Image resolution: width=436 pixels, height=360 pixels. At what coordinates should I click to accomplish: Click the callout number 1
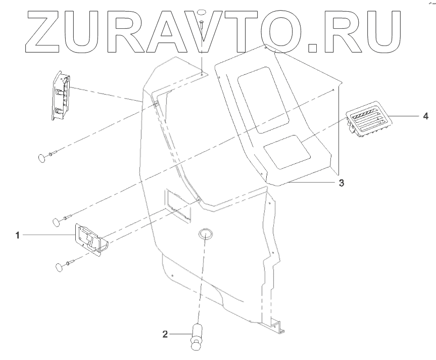click(18, 236)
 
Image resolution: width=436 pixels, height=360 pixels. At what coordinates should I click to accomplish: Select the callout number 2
click(165, 334)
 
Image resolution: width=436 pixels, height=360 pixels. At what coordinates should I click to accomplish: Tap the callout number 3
click(342, 183)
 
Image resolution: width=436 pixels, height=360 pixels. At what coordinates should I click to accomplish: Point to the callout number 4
click(425, 116)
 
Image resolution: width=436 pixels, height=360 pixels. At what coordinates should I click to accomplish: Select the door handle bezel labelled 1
click(90, 238)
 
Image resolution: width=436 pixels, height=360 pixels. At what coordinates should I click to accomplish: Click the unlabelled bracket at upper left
click(61, 96)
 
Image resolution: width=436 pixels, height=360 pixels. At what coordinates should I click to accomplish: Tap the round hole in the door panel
click(205, 234)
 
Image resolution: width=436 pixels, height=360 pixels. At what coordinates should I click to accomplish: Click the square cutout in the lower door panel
click(177, 205)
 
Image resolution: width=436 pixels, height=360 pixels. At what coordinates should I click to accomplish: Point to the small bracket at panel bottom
click(277, 328)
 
